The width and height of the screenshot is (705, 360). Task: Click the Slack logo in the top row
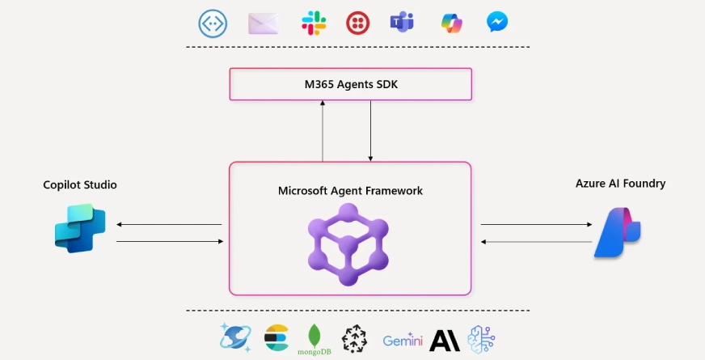pyautogui.click(x=314, y=23)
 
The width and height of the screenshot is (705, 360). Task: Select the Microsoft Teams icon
pyautogui.click(x=402, y=23)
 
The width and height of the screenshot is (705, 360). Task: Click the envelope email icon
pyautogui.click(x=263, y=23)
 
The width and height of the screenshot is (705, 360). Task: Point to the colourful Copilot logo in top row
pyautogui.click(x=451, y=23)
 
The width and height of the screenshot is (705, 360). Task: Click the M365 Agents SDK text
pyautogui.click(x=350, y=84)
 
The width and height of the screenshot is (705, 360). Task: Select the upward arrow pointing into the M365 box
pyautogui.click(x=323, y=130)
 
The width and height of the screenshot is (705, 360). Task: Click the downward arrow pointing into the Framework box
pyautogui.click(x=370, y=130)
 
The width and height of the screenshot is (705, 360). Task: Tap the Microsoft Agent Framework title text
pyautogui.click(x=350, y=191)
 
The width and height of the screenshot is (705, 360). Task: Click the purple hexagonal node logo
pyautogui.click(x=348, y=244)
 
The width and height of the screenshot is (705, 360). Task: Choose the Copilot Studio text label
pyautogui.click(x=80, y=185)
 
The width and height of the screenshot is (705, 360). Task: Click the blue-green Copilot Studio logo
pyautogui.click(x=80, y=229)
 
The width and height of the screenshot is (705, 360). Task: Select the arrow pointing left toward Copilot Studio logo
pyautogui.click(x=169, y=225)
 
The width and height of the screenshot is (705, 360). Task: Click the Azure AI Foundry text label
pyautogui.click(x=620, y=184)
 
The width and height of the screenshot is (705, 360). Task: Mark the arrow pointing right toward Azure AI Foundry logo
pyautogui.click(x=535, y=225)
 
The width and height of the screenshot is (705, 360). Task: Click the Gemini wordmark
pyautogui.click(x=403, y=341)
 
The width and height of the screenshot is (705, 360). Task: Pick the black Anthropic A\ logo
pyautogui.click(x=444, y=341)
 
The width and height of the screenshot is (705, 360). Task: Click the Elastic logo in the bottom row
pyautogui.click(x=277, y=338)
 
